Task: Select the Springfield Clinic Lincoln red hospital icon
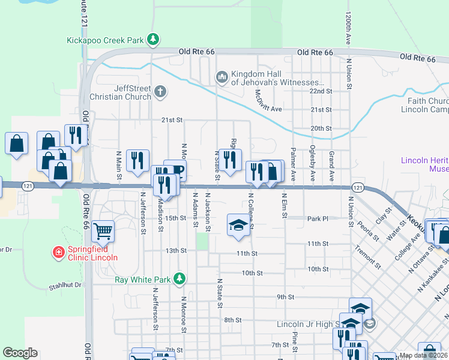point(58,252)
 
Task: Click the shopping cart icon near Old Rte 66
point(103,230)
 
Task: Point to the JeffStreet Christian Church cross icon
point(160,92)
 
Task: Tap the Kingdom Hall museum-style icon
point(221,77)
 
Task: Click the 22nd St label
point(321,91)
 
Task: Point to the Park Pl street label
point(318,219)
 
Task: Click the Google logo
point(20,353)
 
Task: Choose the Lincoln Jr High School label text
point(306,324)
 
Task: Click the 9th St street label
point(285,296)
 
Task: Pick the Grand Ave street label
point(331,166)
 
